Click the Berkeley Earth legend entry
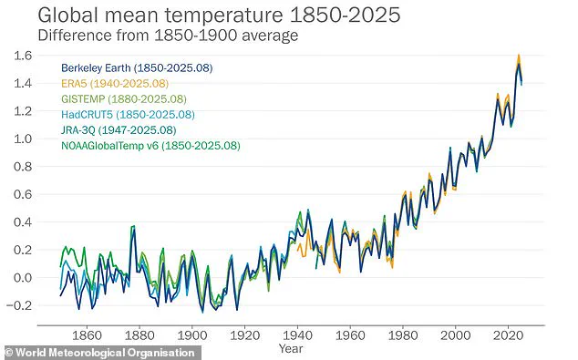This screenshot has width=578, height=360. coord(124,68)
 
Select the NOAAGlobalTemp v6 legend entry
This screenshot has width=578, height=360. coord(150,145)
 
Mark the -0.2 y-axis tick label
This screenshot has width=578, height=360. coord(19,305)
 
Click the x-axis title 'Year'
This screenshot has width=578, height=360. coord(291,347)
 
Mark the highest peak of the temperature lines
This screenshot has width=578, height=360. coord(518,56)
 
